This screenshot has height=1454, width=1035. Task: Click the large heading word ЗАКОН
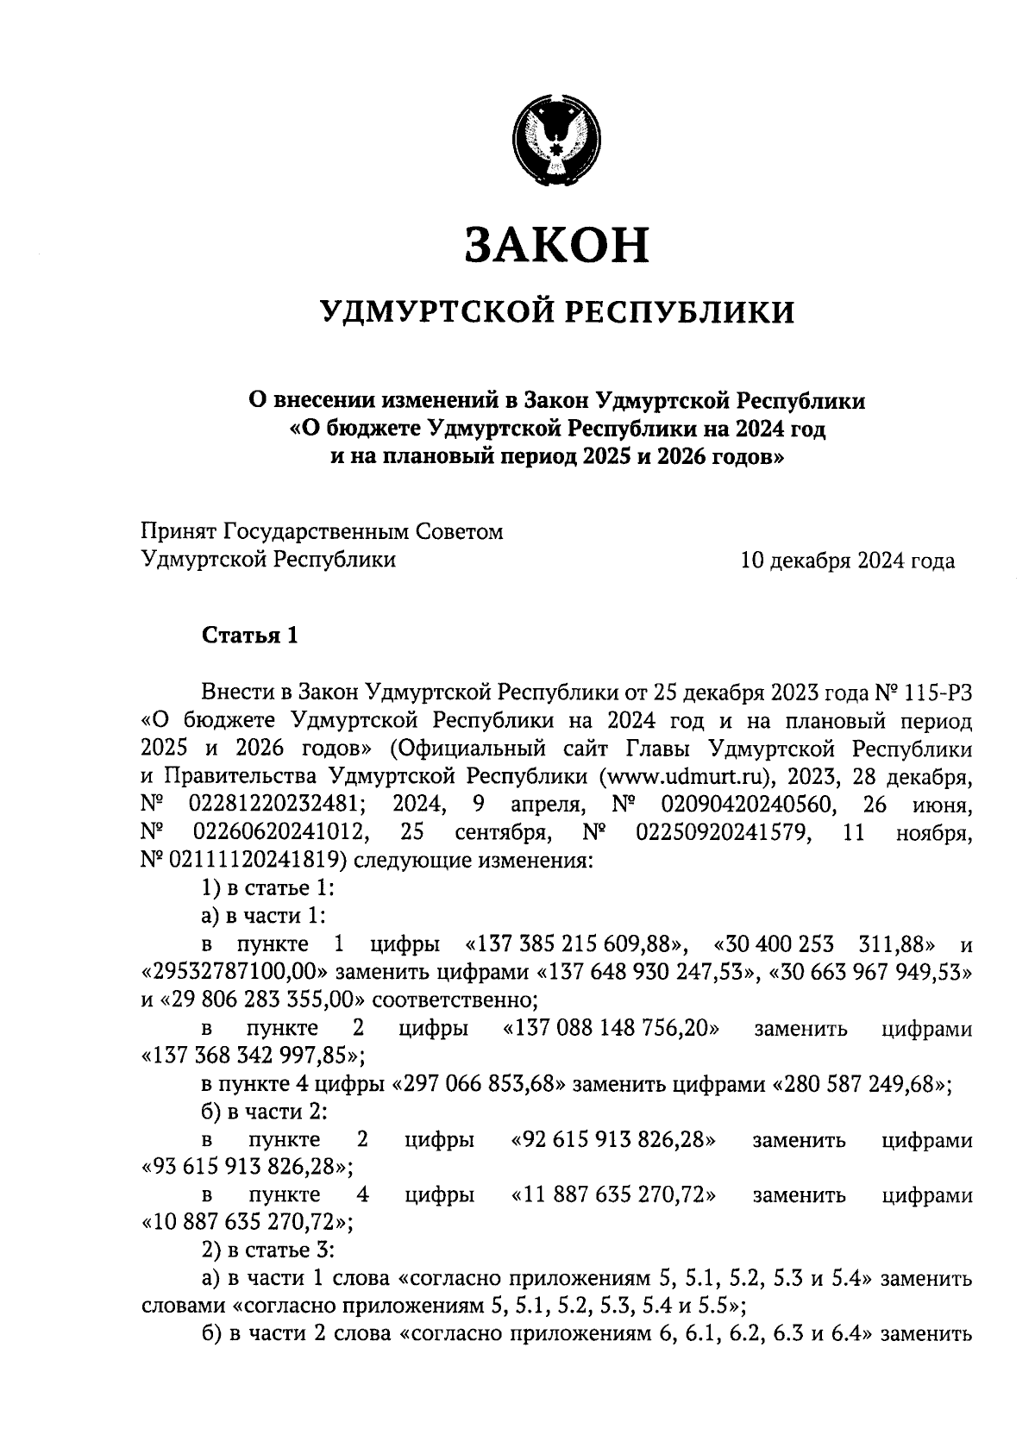click(556, 246)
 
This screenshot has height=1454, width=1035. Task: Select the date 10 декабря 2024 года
click(848, 561)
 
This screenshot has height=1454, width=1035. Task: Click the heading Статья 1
click(250, 636)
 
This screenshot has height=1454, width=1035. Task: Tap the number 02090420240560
click(746, 804)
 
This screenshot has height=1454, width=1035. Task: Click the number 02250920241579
click(724, 832)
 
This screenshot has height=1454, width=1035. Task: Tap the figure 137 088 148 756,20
click(612, 1029)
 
